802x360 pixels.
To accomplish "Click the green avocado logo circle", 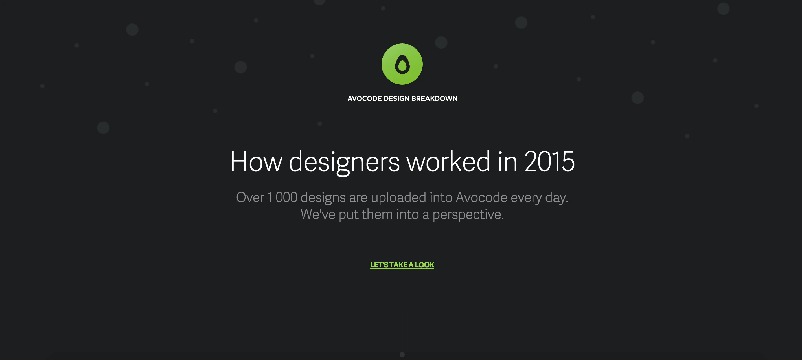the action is click(402, 64).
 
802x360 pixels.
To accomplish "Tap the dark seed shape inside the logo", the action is click(402, 64).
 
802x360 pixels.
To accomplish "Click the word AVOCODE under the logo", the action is click(364, 99).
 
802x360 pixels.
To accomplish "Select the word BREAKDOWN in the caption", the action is click(434, 99).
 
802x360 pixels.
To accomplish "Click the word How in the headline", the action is click(256, 161).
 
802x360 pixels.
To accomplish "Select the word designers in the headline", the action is click(344, 163).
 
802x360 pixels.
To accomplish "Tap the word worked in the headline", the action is click(449, 161).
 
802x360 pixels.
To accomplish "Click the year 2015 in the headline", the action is click(549, 161).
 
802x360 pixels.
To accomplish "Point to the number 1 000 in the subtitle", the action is click(282, 197).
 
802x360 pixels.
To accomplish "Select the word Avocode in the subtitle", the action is click(482, 197).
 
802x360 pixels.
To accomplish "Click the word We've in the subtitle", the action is click(318, 214).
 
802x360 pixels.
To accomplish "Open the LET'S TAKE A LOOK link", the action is click(402, 265).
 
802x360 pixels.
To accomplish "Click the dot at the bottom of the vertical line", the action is click(402, 354).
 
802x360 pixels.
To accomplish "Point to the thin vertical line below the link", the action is click(402, 330).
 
